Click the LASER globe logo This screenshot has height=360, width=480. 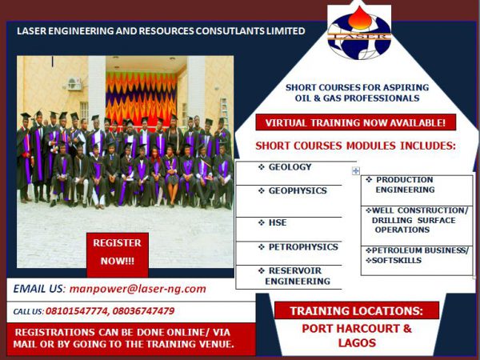click(x=359, y=34)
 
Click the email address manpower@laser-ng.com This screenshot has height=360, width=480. click(x=138, y=289)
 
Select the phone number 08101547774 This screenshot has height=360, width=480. click(x=77, y=311)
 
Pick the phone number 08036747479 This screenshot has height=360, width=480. click(x=143, y=311)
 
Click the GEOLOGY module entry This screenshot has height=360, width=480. click(x=285, y=167)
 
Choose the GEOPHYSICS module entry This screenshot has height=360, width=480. click(x=293, y=190)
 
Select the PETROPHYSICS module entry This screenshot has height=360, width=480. click(x=298, y=247)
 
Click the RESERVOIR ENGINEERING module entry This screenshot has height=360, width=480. click(x=294, y=276)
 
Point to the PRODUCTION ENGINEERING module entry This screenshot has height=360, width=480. click(x=401, y=185)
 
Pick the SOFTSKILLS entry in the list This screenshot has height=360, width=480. click(x=394, y=261)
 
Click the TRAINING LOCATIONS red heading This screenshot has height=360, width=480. click(x=357, y=310)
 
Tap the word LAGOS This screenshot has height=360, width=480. click(x=357, y=342)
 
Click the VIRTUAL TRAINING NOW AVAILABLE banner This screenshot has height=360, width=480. click(x=356, y=122)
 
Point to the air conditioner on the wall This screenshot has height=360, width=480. click(x=74, y=83)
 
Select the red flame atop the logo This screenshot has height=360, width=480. click(x=360, y=18)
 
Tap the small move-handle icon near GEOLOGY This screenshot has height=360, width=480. click(x=356, y=171)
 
